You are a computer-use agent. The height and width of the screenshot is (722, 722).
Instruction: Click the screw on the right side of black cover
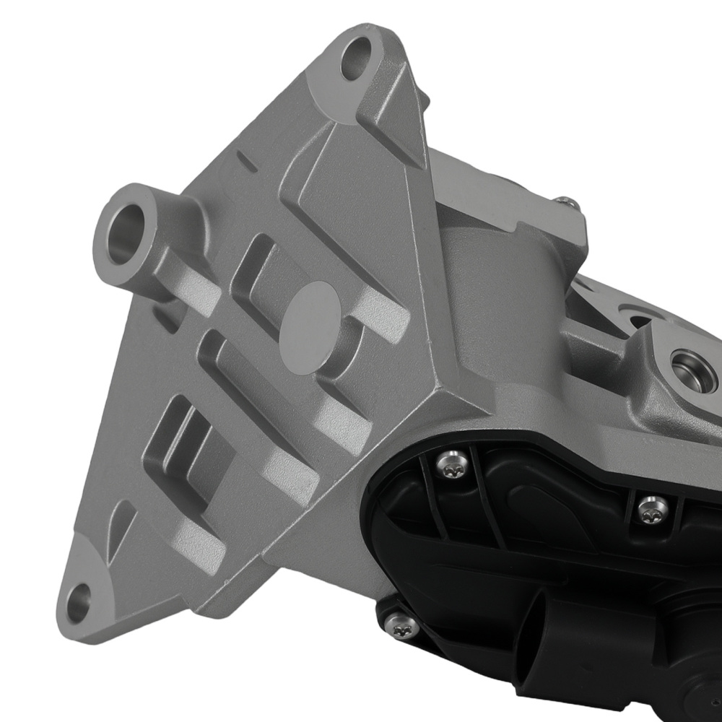pyautogui.click(x=653, y=509)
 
